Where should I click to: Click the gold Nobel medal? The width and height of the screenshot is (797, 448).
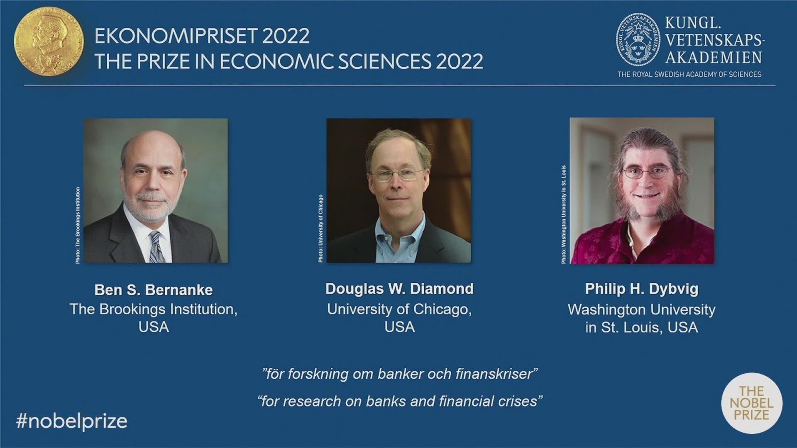point(49,41)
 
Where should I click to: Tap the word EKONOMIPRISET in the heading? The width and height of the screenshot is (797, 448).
point(176,36)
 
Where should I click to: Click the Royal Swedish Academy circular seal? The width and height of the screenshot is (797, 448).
point(638,40)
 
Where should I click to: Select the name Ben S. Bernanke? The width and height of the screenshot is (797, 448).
point(154,290)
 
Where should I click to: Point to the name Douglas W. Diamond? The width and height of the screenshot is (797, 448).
point(399,289)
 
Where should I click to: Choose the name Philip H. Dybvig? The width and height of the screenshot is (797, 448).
point(642,289)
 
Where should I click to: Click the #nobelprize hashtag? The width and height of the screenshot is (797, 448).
point(71,421)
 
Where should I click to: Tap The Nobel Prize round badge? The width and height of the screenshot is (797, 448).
point(752,403)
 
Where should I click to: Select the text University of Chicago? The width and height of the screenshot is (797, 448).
point(399,309)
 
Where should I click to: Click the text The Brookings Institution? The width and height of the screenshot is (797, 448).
point(153,309)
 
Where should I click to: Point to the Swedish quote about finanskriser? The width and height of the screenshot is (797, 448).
point(400,374)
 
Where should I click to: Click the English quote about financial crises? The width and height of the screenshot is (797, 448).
point(400,401)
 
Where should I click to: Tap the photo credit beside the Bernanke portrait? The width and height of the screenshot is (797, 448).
point(78,225)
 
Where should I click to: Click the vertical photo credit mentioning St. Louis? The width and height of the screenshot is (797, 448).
point(564,214)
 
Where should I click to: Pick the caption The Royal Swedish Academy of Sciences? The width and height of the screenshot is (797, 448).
point(689,74)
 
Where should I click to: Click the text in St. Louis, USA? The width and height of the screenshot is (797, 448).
point(642,328)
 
